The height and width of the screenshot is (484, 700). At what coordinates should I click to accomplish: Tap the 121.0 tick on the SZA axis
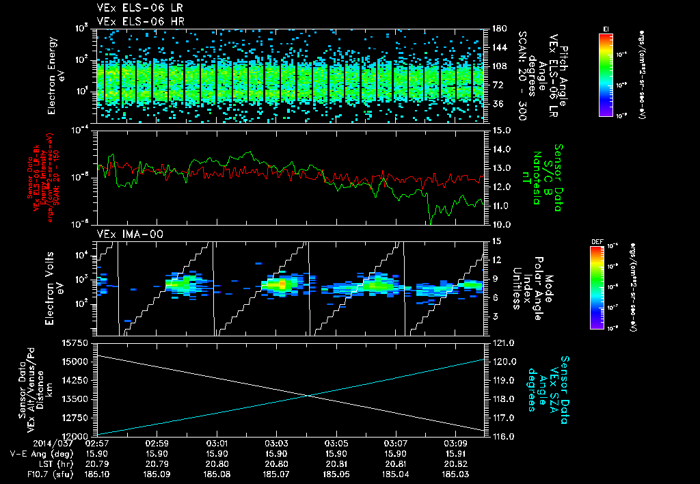pos(502,342)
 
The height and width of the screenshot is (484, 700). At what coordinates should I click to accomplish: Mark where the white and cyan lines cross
pos(309,395)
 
